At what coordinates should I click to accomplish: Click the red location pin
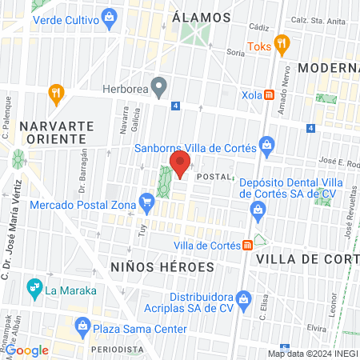pyautogui.click(x=180, y=164)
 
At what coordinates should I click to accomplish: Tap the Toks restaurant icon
pyautogui.click(x=280, y=43)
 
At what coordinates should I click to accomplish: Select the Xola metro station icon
pyautogui.click(x=270, y=94)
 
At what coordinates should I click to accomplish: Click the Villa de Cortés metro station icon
pyautogui.click(x=249, y=245)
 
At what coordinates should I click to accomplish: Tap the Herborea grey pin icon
pyautogui.click(x=159, y=85)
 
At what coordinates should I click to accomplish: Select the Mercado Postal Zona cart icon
pyautogui.click(x=146, y=200)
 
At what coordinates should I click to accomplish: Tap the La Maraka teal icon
pyautogui.click(x=34, y=286)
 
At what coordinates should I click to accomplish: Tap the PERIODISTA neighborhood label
pyautogui.click(x=117, y=350)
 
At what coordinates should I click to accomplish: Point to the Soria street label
pyautogui.click(x=235, y=52)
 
